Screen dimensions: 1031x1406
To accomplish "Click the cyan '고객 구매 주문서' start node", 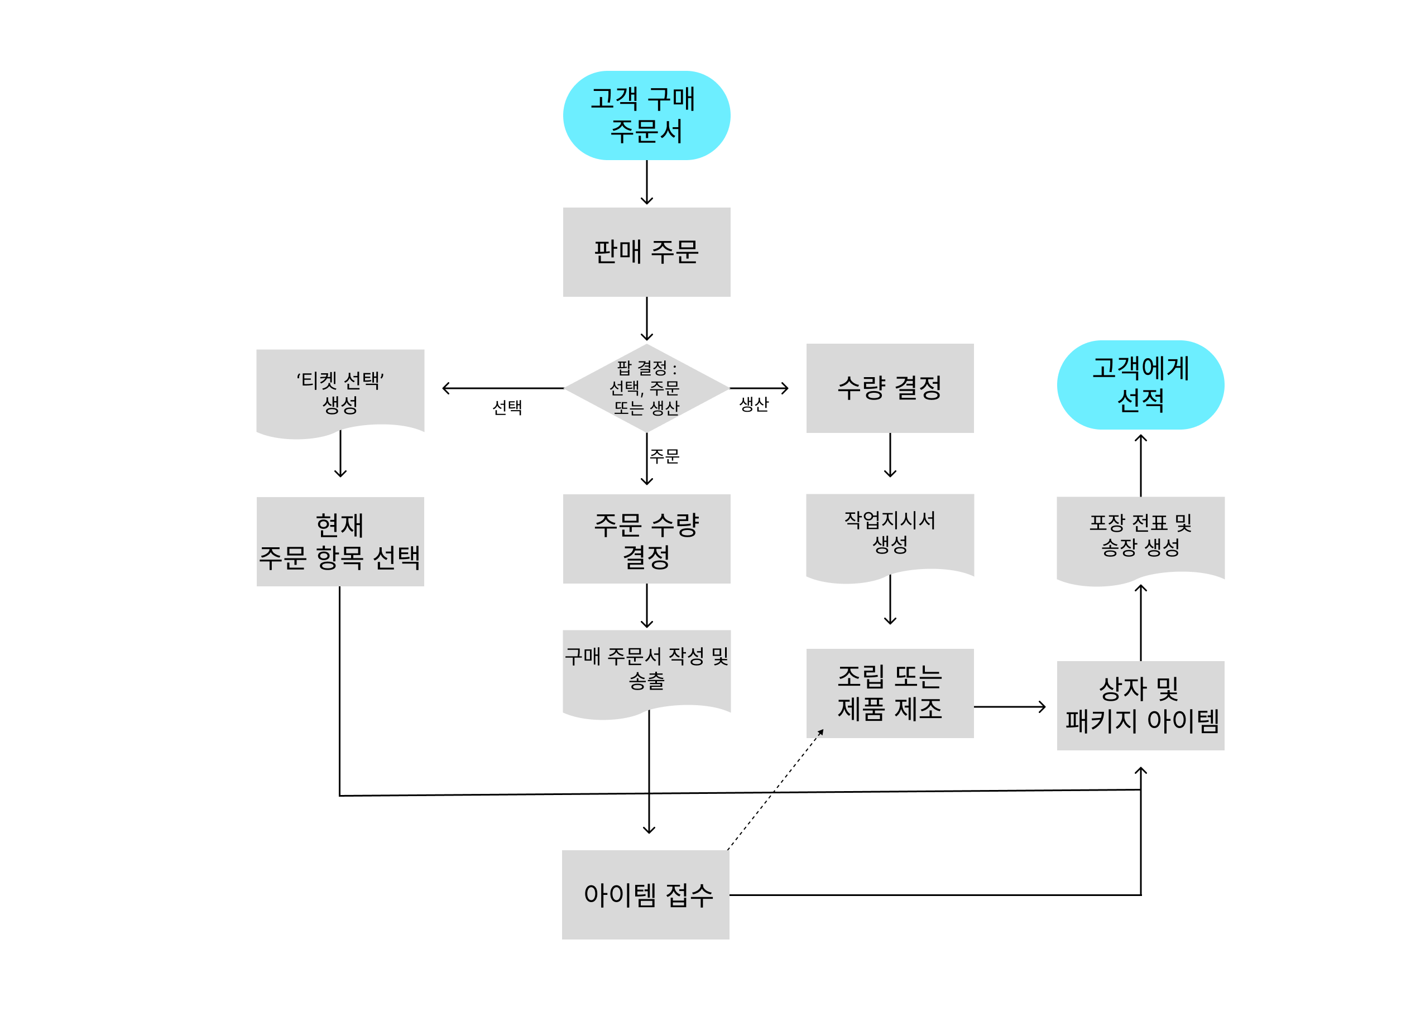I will pyautogui.click(x=646, y=115).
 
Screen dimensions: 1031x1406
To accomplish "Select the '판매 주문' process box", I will pyautogui.click(x=646, y=252).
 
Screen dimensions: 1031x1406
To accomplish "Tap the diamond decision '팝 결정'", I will pyautogui.click(x=646, y=388).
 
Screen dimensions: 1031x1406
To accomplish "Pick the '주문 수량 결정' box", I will pyautogui.click(x=646, y=538).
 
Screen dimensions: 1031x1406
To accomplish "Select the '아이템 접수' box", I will pyautogui.click(x=646, y=894).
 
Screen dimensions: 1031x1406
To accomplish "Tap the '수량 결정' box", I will pyautogui.click(x=890, y=388).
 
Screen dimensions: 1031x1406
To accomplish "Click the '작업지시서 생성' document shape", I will pyautogui.click(x=890, y=533).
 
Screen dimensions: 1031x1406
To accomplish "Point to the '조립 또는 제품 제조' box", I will pyautogui.click(x=890, y=693).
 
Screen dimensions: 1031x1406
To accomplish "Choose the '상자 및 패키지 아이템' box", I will pyautogui.click(x=1140, y=705).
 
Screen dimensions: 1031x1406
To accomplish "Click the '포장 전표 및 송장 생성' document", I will pyautogui.click(x=1140, y=536).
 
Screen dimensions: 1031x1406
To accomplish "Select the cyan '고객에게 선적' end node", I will pyautogui.click(x=1140, y=384).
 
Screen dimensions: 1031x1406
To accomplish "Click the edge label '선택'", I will pyautogui.click(x=507, y=407).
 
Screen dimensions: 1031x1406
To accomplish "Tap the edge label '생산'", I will pyautogui.click(x=754, y=404).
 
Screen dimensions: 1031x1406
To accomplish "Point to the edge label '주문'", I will pyautogui.click(x=664, y=456).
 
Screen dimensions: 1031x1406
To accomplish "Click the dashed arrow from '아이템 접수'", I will pyautogui.click(x=774, y=791).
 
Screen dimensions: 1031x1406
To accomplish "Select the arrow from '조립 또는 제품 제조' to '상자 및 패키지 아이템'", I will pyautogui.click(x=1008, y=706).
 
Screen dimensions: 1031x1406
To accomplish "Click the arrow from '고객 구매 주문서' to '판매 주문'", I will pyautogui.click(x=646, y=182).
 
